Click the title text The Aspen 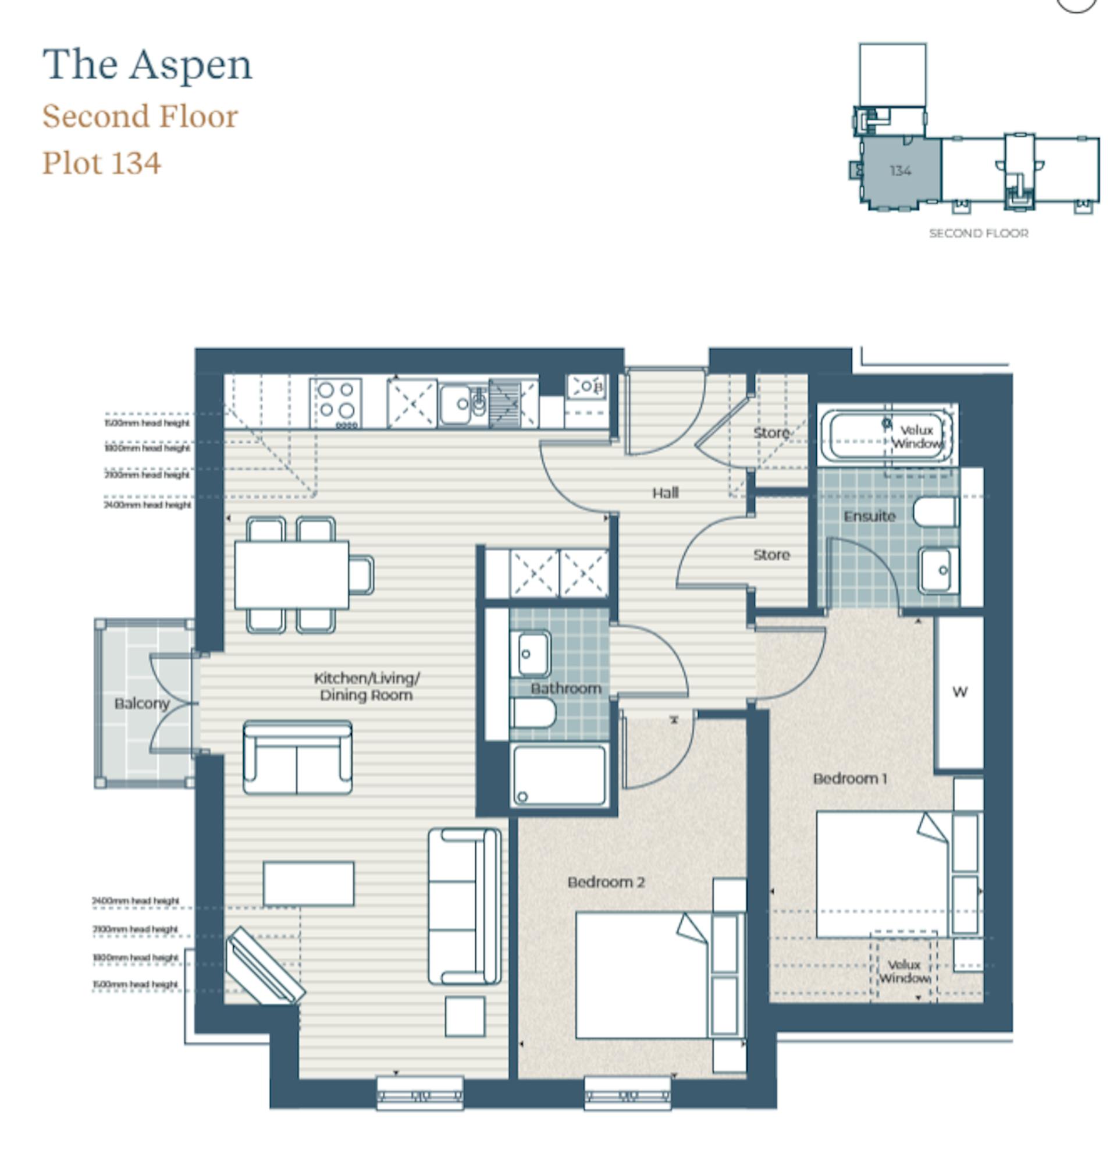click(147, 65)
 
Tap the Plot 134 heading click(101, 163)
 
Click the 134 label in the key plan click(899, 171)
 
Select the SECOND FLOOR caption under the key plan click(978, 233)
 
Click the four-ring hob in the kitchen click(335, 402)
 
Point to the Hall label click(664, 492)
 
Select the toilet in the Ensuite click(934, 512)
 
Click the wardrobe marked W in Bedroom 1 click(959, 692)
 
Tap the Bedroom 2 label click(605, 882)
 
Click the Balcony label click(141, 703)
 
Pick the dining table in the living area click(291, 574)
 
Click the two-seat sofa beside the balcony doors click(297, 757)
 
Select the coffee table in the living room click(308, 883)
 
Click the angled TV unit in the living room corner click(264, 967)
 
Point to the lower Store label click(771, 555)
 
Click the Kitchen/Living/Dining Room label click(366, 686)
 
